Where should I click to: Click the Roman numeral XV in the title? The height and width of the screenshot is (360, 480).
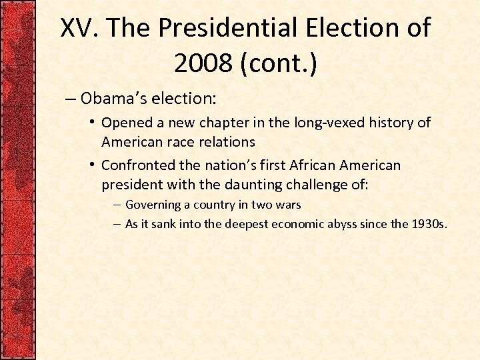coord(80,29)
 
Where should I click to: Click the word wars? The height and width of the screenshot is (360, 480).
coord(287,205)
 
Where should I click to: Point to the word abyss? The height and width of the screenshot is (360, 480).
coord(345,224)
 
